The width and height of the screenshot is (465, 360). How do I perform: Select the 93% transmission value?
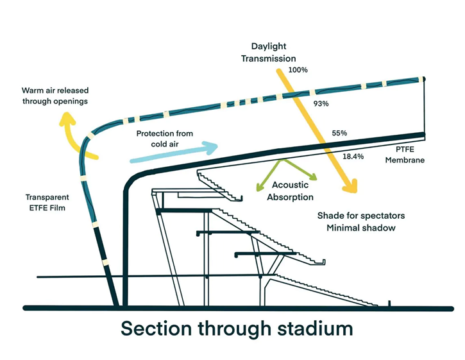321,103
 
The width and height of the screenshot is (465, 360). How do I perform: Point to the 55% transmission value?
339,133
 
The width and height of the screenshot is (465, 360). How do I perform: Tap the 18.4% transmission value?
353,156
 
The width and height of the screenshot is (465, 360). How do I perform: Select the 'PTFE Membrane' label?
404,154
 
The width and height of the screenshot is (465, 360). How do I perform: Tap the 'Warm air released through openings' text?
55,96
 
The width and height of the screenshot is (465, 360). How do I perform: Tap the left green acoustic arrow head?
259,187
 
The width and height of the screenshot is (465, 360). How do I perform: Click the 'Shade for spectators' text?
361,216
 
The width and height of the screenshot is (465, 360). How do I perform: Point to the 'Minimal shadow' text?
361,228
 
